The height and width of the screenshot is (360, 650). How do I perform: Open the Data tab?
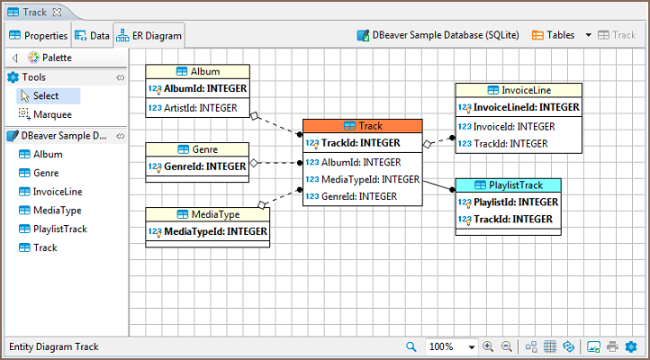coord(93,36)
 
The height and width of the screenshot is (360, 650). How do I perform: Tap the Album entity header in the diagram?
coord(197,72)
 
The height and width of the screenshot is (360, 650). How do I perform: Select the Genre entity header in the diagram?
coord(197,149)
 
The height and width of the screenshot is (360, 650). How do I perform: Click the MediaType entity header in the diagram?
coord(206,214)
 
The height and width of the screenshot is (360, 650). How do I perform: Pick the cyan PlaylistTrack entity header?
coord(508,185)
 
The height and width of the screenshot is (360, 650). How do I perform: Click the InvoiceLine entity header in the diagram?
coord(518,90)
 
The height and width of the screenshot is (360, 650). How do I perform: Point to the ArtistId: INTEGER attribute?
coord(199,107)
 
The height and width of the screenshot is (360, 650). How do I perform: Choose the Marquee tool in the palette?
coord(51,114)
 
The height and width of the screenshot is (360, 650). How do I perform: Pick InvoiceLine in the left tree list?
coord(58,192)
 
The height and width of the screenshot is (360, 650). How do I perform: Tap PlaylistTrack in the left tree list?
coord(59,229)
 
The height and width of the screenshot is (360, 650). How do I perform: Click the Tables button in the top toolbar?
coord(554,36)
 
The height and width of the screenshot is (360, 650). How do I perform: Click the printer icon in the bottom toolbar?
coord(612,346)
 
